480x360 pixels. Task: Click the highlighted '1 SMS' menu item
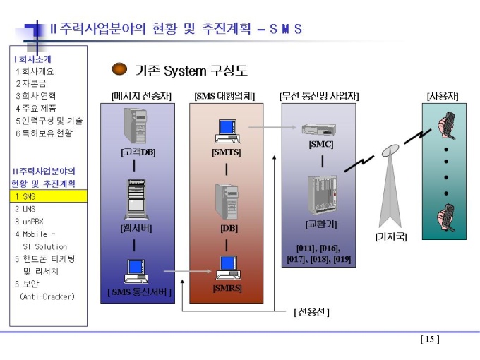click(49, 196)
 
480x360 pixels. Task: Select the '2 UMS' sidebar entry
click(25, 209)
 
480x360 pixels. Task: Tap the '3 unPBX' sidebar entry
click(30, 222)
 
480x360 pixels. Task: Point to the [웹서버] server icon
click(136, 199)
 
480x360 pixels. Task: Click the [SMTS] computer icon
click(227, 131)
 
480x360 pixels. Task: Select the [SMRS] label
click(227, 288)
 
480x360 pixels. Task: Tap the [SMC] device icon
click(318, 129)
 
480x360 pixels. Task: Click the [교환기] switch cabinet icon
click(322, 195)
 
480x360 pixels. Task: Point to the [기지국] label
click(391, 236)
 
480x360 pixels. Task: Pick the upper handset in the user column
click(446, 125)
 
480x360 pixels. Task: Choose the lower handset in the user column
click(446, 217)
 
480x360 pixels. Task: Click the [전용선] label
click(311, 312)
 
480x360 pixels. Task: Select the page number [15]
click(430, 340)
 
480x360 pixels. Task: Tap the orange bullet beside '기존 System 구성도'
click(119, 69)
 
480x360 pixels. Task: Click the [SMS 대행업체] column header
click(224, 96)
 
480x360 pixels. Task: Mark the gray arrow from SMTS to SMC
click(272, 127)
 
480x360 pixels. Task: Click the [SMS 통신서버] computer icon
click(136, 271)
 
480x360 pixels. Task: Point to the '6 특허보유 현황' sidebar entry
click(44, 133)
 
